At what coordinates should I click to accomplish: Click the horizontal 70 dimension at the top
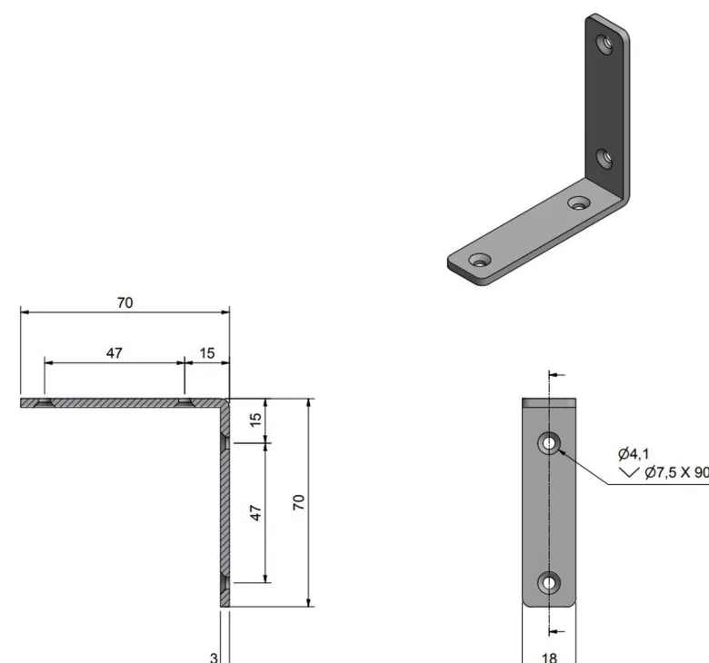(x=125, y=302)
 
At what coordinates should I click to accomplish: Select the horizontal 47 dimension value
(x=115, y=353)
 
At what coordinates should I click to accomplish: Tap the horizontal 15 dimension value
(x=207, y=353)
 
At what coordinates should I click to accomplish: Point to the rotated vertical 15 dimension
(x=255, y=419)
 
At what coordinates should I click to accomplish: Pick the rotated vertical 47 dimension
(x=255, y=513)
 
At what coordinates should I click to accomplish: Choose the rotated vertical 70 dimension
(x=299, y=502)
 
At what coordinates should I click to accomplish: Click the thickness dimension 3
(x=214, y=658)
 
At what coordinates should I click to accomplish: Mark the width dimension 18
(x=549, y=658)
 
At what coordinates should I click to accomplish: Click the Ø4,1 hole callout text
(x=634, y=453)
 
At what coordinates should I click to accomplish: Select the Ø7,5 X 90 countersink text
(x=676, y=473)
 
